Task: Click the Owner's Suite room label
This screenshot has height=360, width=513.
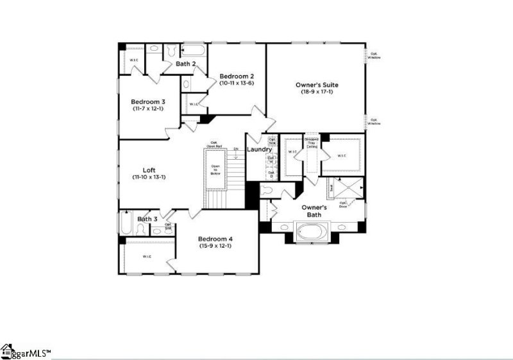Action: pos(317,85)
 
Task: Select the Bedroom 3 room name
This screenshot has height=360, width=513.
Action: pos(148,101)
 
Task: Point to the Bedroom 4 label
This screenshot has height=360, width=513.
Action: pos(215,239)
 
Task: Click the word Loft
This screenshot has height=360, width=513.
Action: pos(149,170)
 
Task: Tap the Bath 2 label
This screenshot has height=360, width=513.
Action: pos(185,64)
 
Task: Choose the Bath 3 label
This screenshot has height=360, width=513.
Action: pos(147,219)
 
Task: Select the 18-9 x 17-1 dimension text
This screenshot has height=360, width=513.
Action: pos(317,92)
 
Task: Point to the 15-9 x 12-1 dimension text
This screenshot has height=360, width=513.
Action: pos(215,246)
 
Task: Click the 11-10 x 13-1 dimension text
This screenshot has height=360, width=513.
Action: pos(149,177)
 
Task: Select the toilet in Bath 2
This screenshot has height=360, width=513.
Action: pos(172,50)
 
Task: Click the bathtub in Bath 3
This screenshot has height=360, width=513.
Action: pos(126,224)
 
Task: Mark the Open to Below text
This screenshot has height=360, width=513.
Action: pos(215,169)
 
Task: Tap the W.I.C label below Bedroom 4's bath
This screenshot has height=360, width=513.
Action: pos(146,257)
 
